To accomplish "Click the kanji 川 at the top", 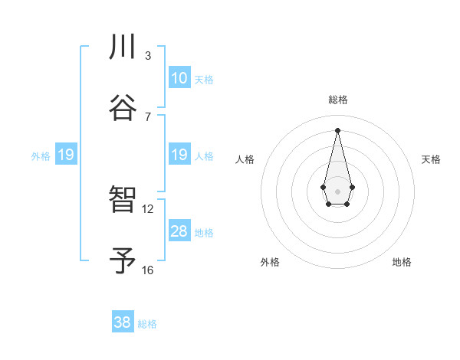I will coord(123,47).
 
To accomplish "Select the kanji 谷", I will coord(123,108).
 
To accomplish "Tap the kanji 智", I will coord(123,201).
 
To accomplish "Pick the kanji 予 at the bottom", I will coord(123,262).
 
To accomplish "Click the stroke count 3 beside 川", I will coord(148,56).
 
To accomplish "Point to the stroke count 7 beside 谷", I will coord(148,116).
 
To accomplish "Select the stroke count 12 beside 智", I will coord(148,208).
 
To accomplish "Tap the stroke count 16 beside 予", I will coord(148,270).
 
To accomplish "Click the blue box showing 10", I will coord(179,78).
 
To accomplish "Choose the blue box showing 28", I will coord(179,231).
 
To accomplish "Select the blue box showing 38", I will coord(123,322).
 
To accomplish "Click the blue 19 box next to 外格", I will coord(65,155).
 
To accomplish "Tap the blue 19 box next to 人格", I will coord(179,155).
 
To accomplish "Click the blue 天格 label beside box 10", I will coord(204,80).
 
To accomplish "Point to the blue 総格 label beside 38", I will coord(147,324).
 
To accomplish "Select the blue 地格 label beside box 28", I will coord(204,233).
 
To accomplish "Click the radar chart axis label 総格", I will coord(337,100).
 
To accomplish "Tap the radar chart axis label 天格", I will coord(431,159).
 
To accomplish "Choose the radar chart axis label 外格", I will coord(270,262).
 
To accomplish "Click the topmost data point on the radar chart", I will coord(337,130).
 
